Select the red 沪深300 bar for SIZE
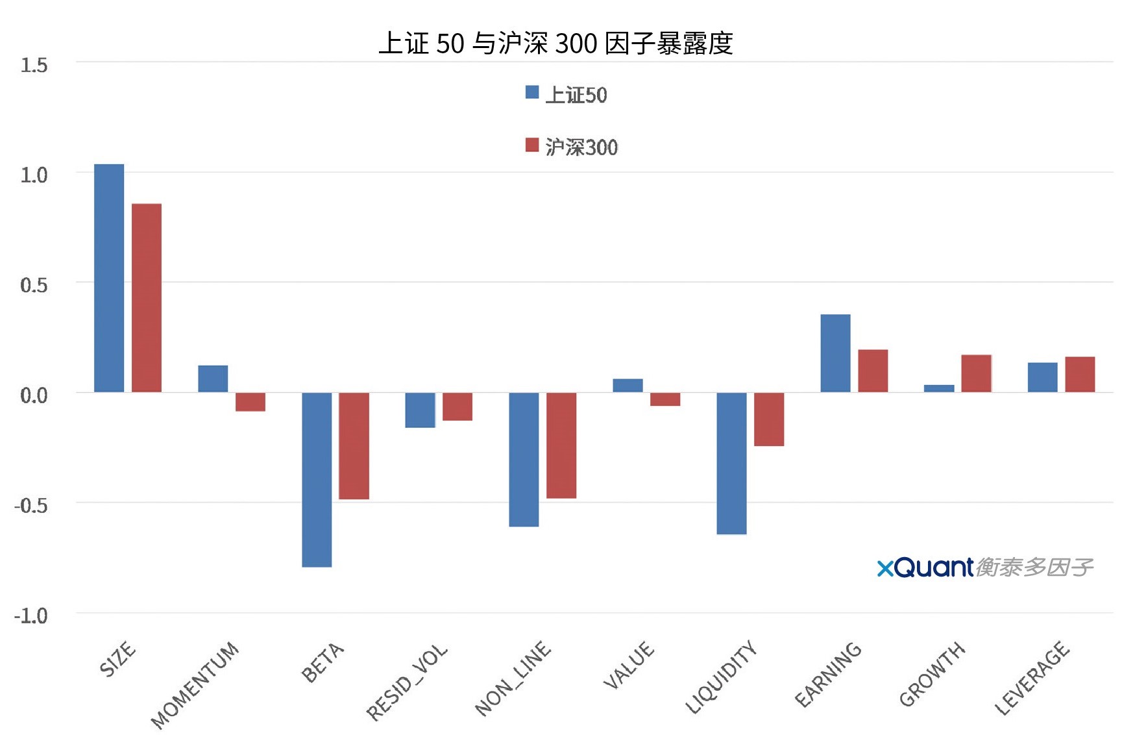(x=147, y=298)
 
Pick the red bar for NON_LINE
(x=561, y=445)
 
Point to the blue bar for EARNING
(x=835, y=353)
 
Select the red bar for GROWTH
(x=976, y=373)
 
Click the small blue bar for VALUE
(x=628, y=386)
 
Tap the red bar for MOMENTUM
(x=250, y=402)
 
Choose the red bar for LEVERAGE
(x=1080, y=375)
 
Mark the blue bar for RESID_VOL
(x=420, y=410)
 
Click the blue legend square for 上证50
(x=532, y=92)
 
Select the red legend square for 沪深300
(x=532, y=145)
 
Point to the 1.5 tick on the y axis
(x=34, y=65)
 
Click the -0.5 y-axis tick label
(x=31, y=505)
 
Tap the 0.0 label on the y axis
(x=34, y=395)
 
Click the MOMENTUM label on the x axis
(x=195, y=684)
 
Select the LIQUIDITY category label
(x=722, y=677)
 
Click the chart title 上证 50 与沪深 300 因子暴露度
(x=555, y=44)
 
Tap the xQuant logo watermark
(x=984, y=567)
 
